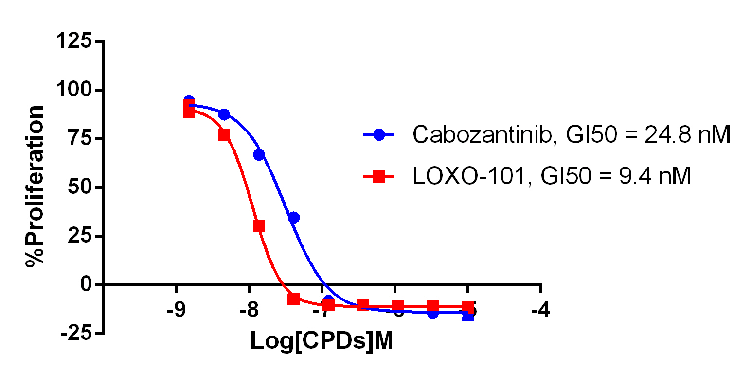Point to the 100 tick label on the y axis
point(74,90)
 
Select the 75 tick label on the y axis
point(81,139)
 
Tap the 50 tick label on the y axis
point(81,187)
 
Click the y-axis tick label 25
point(81,236)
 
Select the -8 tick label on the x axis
point(249,310)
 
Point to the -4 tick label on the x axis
point(541,310)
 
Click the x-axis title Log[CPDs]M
point(322,341)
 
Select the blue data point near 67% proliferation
point(259,154)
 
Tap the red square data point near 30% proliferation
point(259,226)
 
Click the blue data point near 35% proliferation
point(293,217)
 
